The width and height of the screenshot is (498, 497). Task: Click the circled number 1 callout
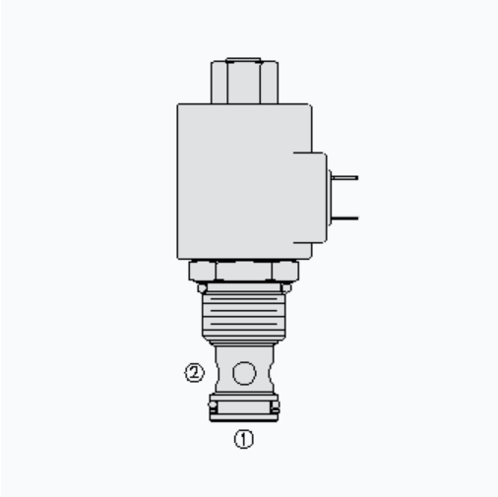point(244,439)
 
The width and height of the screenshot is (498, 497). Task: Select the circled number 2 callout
point(194,373)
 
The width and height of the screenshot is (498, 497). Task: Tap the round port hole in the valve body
point(244,373)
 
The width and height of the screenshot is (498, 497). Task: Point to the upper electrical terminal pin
point(344,178)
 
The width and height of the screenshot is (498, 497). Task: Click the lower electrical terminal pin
point(344,217)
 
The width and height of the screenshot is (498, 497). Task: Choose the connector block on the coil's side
point(310,198)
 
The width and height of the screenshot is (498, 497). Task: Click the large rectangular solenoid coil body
point(244,181)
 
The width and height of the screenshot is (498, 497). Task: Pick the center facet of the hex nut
point(244,271)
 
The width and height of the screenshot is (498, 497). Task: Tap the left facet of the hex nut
point(203,271)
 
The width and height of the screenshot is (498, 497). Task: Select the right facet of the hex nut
point(285,271)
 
